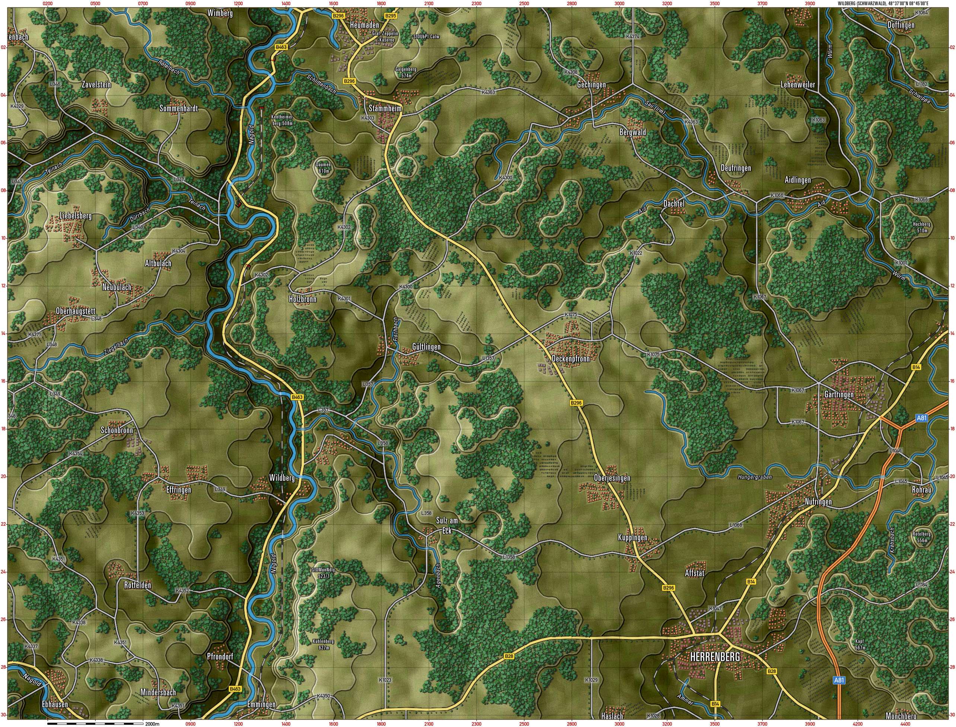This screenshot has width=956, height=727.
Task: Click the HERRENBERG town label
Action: pyautogui.click(x=715, y=657)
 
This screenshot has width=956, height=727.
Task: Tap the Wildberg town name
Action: pyautogui.click(x=281, y=478)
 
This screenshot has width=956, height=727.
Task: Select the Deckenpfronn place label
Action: pyautogui.click(x=571, y=359)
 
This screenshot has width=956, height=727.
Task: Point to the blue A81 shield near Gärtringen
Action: pyautogui.click(x=922, y=418)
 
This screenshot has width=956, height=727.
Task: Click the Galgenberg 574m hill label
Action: pyautogui.click(x=406, y=72)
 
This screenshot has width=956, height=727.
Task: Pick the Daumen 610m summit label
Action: pyautogui.click(x=324, y=168)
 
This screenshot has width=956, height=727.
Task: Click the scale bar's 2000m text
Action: pyautogui.click(x=152, y=724)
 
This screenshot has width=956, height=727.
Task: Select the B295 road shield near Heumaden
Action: pyautogui.click(x=391, y=16)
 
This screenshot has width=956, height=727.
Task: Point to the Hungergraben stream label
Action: pyautogui.click(x=755, y=477)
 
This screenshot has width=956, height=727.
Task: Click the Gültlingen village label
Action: pyautogui.click(x=426, y=347)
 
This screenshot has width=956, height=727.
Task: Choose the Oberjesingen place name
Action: pyautogui.click(x=612, y=478)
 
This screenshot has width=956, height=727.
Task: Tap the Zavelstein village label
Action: pyautogui.click(x=96, y=85)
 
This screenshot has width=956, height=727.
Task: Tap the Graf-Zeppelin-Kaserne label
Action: pyautogui.click(x=385, y=36)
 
